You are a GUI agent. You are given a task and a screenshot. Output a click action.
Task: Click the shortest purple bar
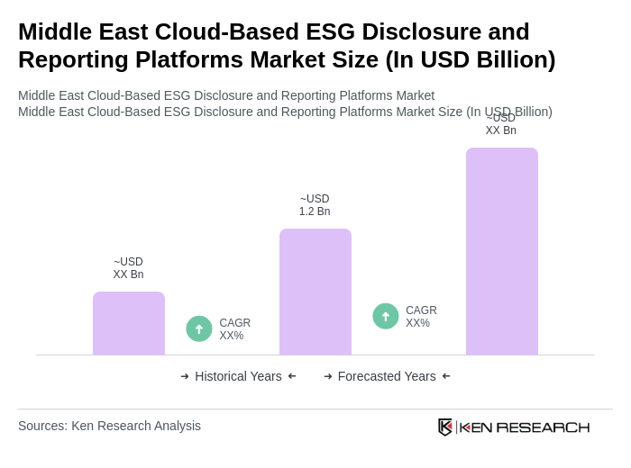pyautogui.click(x=129, y=323)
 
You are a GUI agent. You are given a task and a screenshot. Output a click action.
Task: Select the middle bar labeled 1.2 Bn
pyautogui.click(x=315, y=292)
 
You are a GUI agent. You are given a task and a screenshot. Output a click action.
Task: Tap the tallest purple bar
pyautogui.click(x=502, y=251)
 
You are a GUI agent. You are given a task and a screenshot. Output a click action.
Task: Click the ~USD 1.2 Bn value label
pyautogui.click(x=315, y=205)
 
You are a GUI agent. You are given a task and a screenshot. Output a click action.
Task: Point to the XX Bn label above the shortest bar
pyautogui.click(x=128, y=268)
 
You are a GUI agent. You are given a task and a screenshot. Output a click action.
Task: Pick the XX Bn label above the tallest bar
pyautogui.click(x=501, y=125)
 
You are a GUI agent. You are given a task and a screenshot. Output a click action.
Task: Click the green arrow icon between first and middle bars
pyautogui.click(x=199, y=328)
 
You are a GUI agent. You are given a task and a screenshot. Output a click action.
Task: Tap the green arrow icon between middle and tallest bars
pyautogui.click(x=386, y=316)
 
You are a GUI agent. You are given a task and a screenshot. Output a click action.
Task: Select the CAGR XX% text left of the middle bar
pyautogui.click(x=234, y=329)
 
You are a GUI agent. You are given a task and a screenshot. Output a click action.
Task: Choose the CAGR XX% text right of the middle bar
pyautogui.click(x=421, y=317)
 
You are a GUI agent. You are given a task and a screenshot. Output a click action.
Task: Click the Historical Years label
pyautogui.click(x=238, y=376)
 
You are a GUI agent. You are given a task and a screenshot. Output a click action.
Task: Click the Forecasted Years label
pyautogui.click(x=387, y=376)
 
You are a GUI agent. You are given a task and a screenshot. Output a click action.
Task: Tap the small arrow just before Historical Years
pyautogui.click(x=185, y=376)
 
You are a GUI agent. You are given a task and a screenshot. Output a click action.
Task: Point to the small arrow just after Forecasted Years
pyautogui.click(x=446, y=376)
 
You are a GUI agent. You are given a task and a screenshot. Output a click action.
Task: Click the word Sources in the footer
pyautogui.click(x=41, y=426)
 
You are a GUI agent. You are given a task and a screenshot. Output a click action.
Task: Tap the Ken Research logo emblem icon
pyautogui.click(x=445, y=427)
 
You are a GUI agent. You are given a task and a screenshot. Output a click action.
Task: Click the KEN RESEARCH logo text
pyautogui.click(x=525, y=427)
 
